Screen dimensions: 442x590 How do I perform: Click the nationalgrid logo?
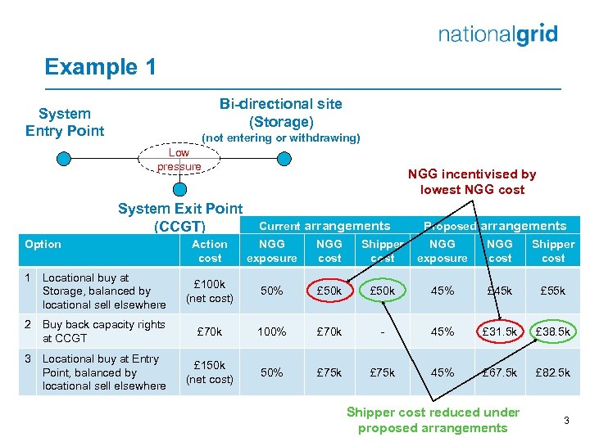(x=497, y=34)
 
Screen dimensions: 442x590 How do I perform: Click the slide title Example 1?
(x=100, y=67)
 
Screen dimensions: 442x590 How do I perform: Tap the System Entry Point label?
(x=65, y=122)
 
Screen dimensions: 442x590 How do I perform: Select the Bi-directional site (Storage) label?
(x=281, y=113)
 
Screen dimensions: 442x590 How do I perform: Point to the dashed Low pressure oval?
(x=179, y=160)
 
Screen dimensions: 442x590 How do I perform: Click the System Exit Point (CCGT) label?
(x=180, y=217)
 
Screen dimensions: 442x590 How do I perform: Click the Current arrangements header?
(x=324, y=226)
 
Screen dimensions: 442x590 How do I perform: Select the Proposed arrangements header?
(x=494, y=226)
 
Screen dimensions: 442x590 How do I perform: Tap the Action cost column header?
(x=210, y=250)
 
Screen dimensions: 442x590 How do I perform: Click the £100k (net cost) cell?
(x=210, y=291)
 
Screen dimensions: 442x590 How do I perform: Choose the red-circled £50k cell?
(x=329, y=291)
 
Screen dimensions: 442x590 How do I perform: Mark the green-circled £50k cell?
(x=383, y=291)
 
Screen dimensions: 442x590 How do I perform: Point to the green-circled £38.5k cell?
(x=553, y=332)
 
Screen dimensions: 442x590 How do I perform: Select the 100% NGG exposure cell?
(x=271, y=332)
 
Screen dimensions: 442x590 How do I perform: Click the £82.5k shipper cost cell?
(x=553, y=372)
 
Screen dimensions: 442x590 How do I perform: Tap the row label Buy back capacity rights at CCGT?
(x=104, y=331)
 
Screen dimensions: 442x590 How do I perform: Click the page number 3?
(x=565, y=420)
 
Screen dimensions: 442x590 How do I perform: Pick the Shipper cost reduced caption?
(x=433, y=420)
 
